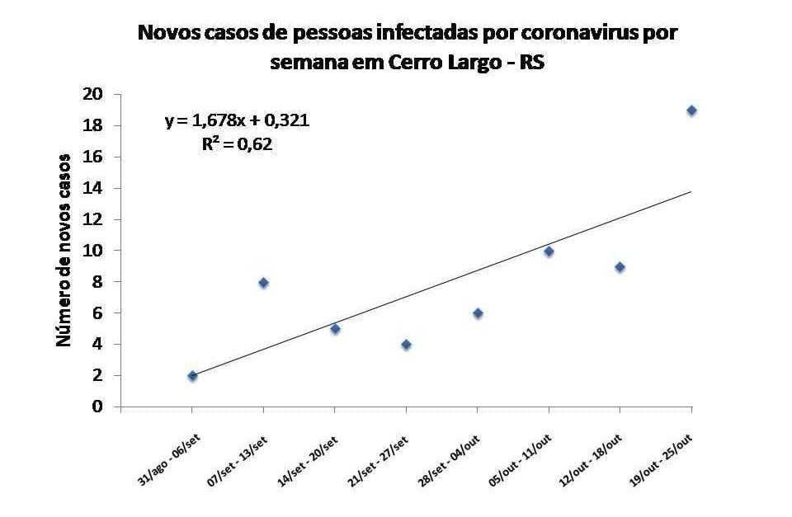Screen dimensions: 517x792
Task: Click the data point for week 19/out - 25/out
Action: pos(691,110)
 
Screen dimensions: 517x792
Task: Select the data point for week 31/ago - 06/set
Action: pos(192,376)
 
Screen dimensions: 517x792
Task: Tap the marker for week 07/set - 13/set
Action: pos(264,283)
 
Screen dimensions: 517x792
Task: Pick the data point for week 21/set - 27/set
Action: pos(406,345)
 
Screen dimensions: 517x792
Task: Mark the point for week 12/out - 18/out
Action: pos(620,267)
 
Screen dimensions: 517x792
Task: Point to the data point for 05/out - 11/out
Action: pos(549,251)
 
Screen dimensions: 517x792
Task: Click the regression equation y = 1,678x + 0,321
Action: pos(238,122)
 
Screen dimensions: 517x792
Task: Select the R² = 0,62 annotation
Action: pos(238,144)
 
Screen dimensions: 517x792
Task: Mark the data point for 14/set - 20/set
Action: pos(335,329)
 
